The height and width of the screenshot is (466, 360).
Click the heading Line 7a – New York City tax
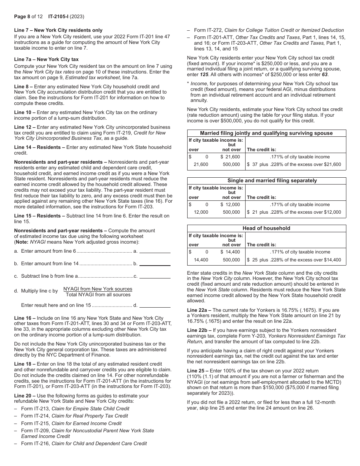46,59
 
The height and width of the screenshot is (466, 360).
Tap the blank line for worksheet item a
155,252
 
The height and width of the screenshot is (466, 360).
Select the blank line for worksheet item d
155,305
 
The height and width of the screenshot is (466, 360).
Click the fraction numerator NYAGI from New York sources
98,289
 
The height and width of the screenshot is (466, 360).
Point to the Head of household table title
266,228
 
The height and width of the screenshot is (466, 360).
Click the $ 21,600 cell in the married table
230,157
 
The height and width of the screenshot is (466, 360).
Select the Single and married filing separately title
266,181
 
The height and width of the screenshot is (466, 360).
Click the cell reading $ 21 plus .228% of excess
294,212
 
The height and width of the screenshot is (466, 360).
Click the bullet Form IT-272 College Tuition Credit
269,30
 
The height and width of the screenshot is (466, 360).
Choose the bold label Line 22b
199,330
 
